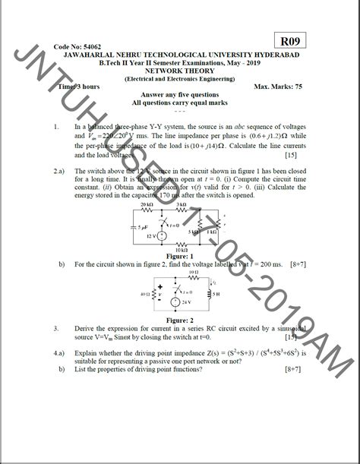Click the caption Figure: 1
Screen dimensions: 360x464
point(180,257)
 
